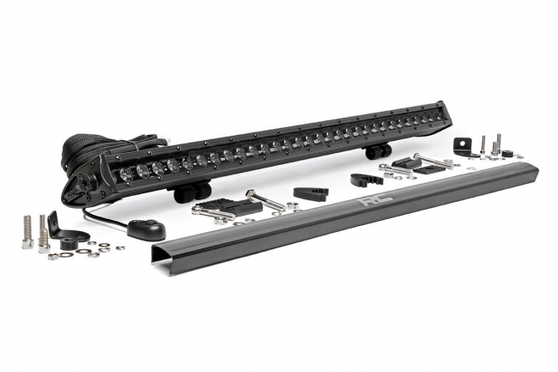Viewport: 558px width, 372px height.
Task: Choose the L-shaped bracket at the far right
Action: [463, 144]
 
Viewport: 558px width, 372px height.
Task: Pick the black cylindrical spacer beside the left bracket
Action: [73, 236]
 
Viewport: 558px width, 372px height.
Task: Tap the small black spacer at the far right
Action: [507, 153]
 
